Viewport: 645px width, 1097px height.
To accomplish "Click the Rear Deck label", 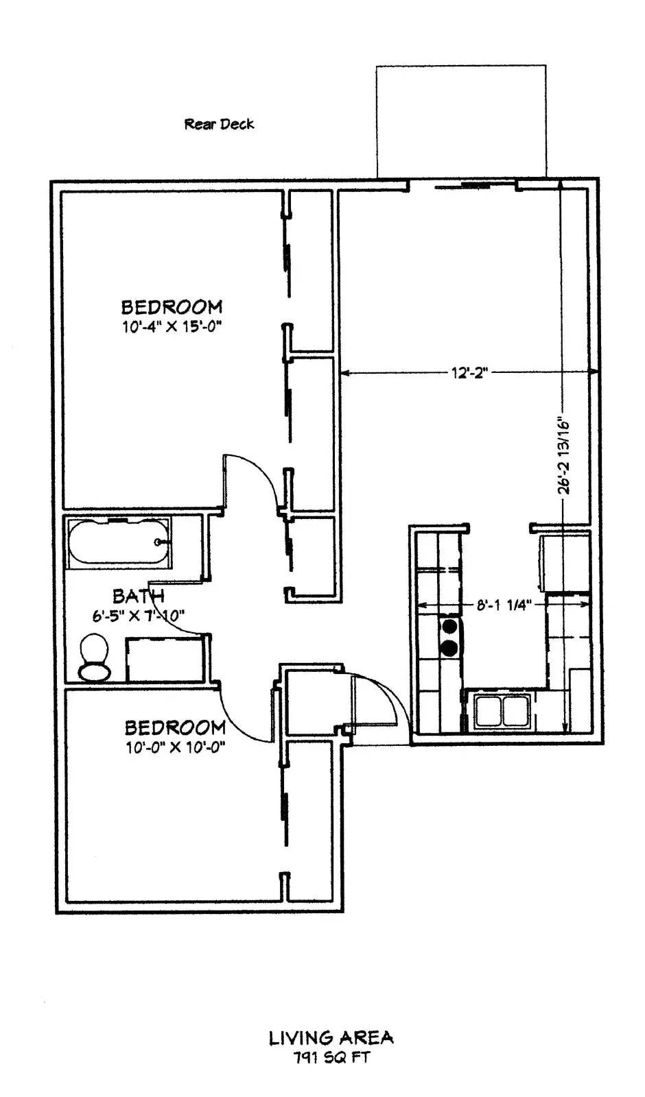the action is pyautogui.click(x=219, y=124).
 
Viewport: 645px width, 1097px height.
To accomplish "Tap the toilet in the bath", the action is pyautogui.click(x=95, y=658).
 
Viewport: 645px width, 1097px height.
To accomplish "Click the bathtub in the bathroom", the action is pyautogui.click(x=119, y=542).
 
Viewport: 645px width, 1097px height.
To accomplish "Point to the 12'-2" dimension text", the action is pyautogui.click(x=470, y=373).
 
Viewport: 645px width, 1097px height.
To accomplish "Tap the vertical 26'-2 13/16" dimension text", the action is pyautogui.click(x=565, y=457).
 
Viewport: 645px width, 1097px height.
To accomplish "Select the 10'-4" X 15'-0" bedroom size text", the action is pyautogui.click(x=169, y=326).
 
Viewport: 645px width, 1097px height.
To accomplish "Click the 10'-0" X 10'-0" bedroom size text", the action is pyautogui.click(x=172, y=748).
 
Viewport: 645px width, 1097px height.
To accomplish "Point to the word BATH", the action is pyautogui.click(x=138, y=596).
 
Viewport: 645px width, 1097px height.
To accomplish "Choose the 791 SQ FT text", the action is pyautogui.click(x=331, y=1057).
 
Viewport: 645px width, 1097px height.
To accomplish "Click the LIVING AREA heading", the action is pyautogui.click(x=331, y=1037).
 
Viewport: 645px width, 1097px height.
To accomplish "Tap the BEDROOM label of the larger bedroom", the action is pyautogui.click(x=172, y=307).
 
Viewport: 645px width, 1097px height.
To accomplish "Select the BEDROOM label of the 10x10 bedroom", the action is pyautogui.click(x=175, y=727).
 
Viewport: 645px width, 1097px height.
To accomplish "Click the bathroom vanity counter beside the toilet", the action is pyautogui.click(x=165, y=660).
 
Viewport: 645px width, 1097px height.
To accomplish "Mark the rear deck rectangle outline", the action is pyautogui.click(x=461, y=66).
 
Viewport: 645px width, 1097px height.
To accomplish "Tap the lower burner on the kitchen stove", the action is pyautogui.click(x=449, y=648).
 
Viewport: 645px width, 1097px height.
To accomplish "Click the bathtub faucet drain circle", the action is pyautogui.click(x=158, y=542).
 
